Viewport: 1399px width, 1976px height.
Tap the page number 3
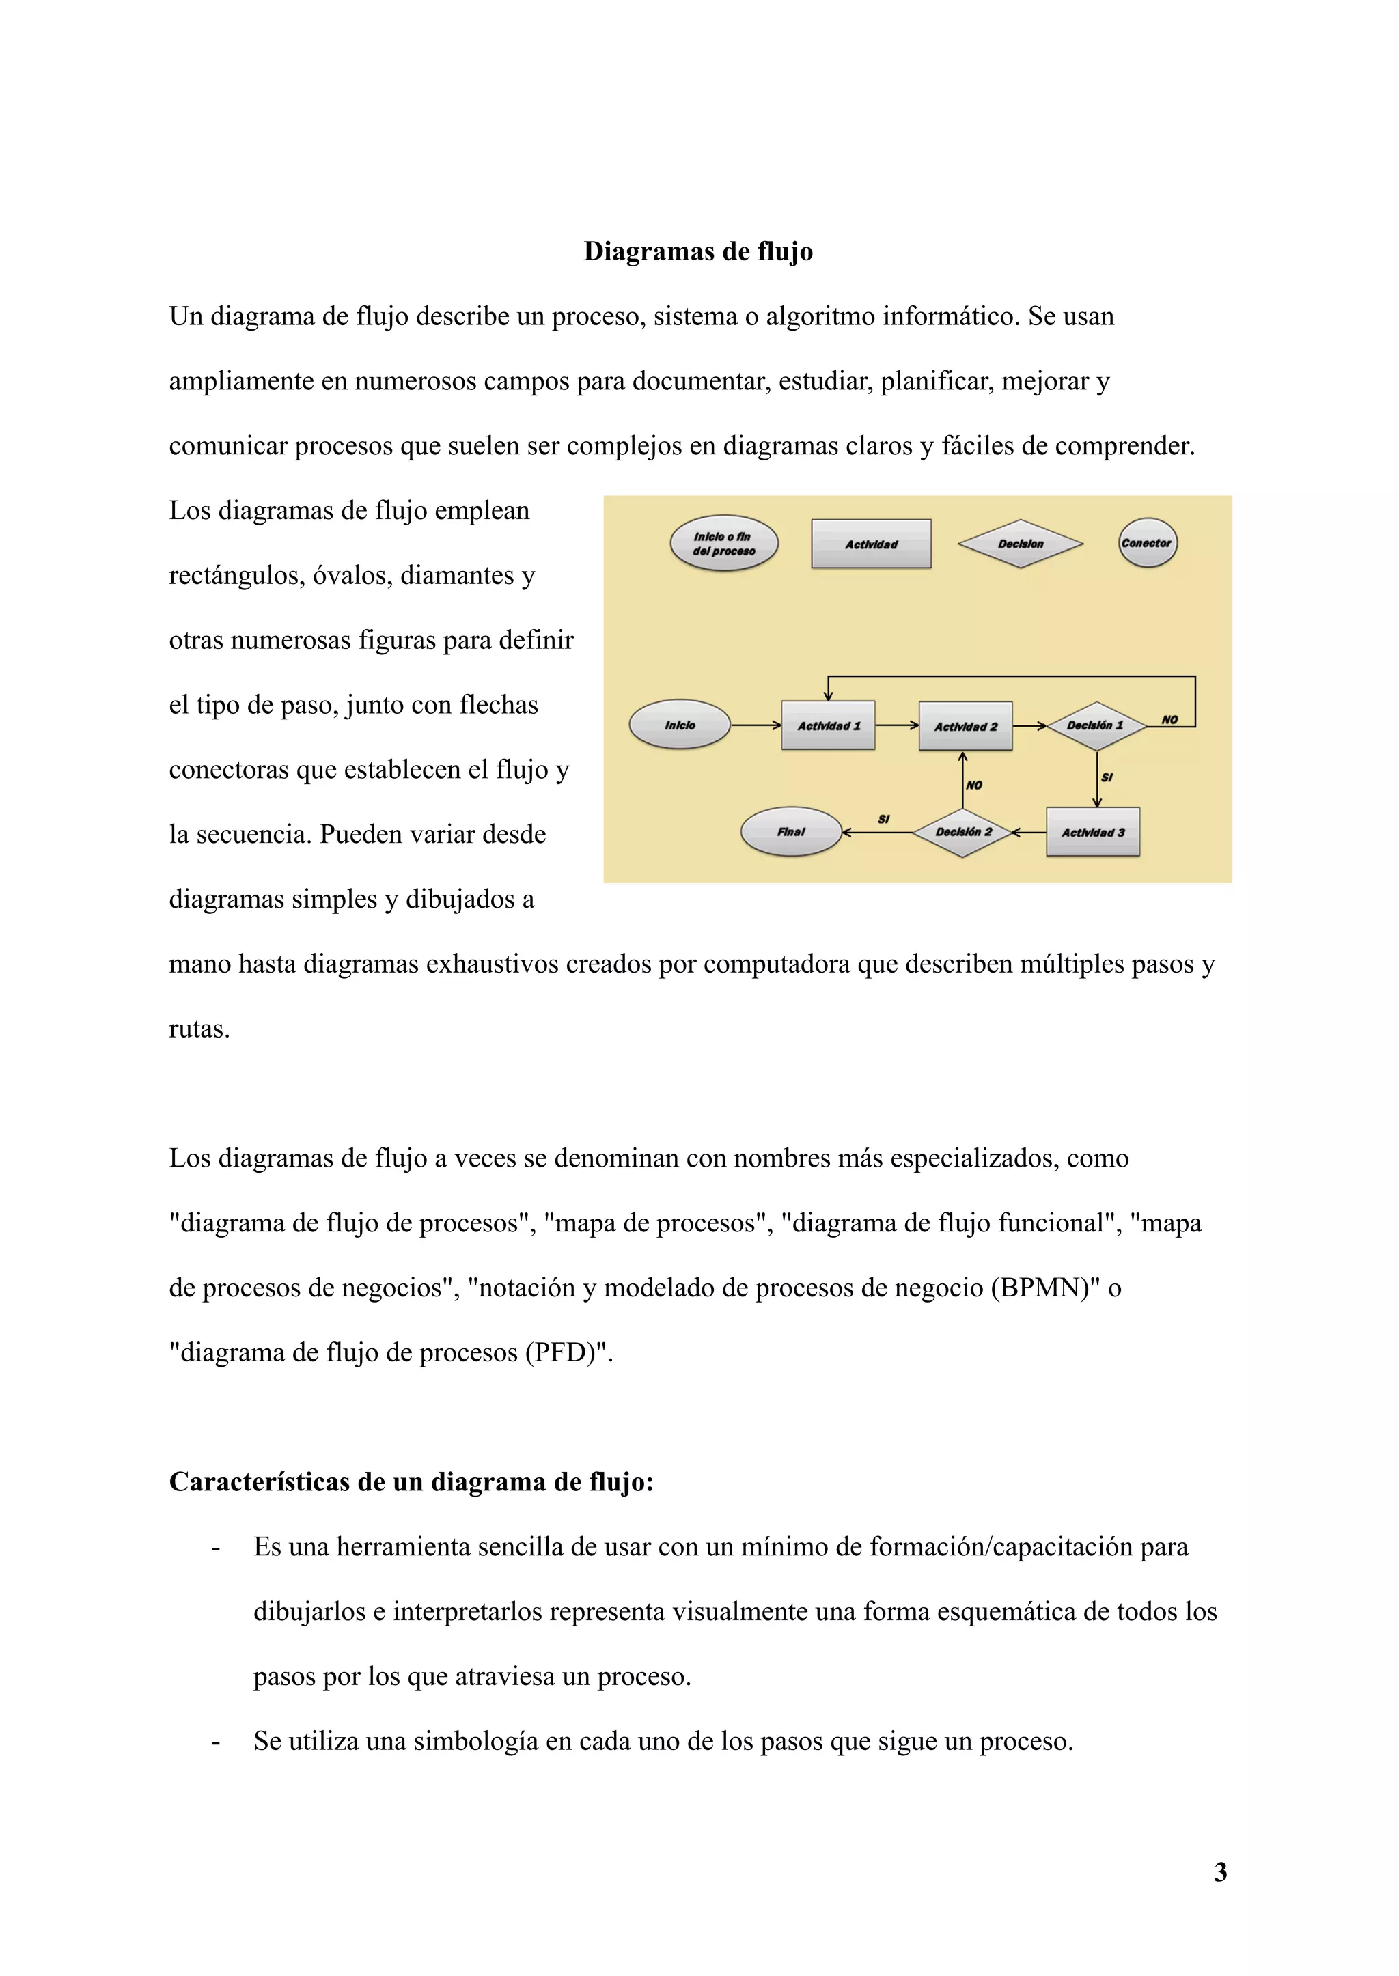pyautogui.click(x=1220, y=1871)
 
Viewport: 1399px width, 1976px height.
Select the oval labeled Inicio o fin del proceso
pyautogui.click(x=723, y=544)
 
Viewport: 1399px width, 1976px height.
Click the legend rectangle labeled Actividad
pyautogui.click(x=871, y=544)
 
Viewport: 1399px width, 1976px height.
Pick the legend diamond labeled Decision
pyautogui.click(x=1020, y=544)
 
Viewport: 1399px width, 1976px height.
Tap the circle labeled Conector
pyautogui.click(x=1147, y=543)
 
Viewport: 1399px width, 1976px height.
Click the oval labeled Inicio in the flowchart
pyautogui.click(x=680, y=725)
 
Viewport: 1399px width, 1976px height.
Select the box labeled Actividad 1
pyautogui.click(x=828, y=725)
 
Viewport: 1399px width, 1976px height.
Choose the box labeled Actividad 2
pyautogui.click(x=965, y=726)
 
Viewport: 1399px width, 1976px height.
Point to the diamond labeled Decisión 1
pyautogui.click(x=1095, y=725)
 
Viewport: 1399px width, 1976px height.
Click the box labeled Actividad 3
pyautogui.click(x=1092, y=832)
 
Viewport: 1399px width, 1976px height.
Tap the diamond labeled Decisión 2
pyautogui.click(x=963, y=832)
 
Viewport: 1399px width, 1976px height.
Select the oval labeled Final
pyautogui.click(x=791, y=831)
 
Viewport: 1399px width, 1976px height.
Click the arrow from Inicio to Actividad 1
pyautogui.click(x=756, y=725)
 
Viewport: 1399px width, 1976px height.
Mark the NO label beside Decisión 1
pyautogui.click(x=1169, y=719)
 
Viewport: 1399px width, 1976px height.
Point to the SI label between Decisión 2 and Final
pyautogui.click(x=883, y=819)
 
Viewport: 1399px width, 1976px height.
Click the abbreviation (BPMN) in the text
pyautogui.click(x=1046, y=1287)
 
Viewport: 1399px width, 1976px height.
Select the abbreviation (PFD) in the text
pyautogui.click(x=567, y=1352)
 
